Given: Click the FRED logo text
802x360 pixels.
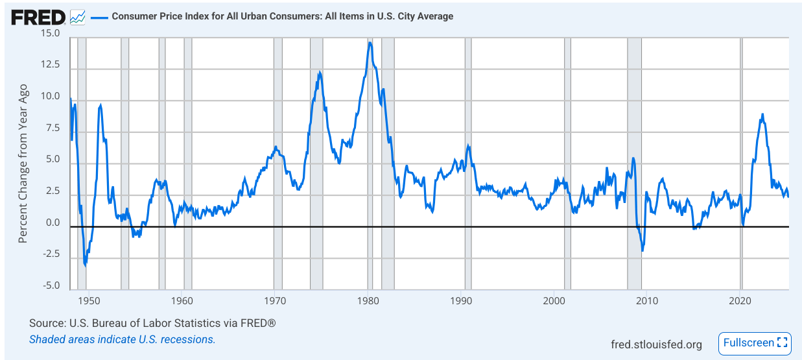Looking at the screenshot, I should pos(38,17).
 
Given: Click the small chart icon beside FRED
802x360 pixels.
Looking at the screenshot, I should pos(78,17).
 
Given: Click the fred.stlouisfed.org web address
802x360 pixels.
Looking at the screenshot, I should pos(656,344).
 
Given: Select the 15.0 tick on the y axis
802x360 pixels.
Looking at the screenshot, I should pos(49,34).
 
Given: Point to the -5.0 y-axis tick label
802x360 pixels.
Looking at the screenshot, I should pos(49,286).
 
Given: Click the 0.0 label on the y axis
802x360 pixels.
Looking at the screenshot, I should pos(51,223).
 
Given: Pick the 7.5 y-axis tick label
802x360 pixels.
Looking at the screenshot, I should pos(51,128).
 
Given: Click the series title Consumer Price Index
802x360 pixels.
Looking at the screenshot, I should pos(282,16).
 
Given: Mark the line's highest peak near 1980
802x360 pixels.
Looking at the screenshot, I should pos(370,43).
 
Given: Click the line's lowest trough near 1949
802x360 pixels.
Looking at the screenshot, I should pos(85,265).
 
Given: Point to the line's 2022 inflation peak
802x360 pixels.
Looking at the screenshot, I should pos(762,115).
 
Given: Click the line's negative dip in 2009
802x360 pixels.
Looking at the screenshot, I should pos(643,250).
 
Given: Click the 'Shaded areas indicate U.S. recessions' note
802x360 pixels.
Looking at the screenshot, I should pos(122,339).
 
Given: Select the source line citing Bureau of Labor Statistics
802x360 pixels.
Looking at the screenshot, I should pos(152,323).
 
